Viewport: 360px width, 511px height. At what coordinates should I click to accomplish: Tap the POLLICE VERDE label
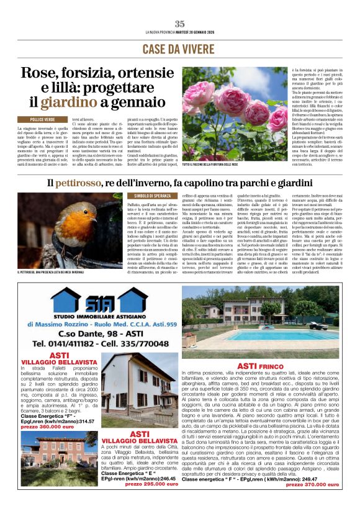tap(43, 119)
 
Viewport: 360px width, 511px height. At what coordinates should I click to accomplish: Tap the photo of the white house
tap(140, 389)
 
